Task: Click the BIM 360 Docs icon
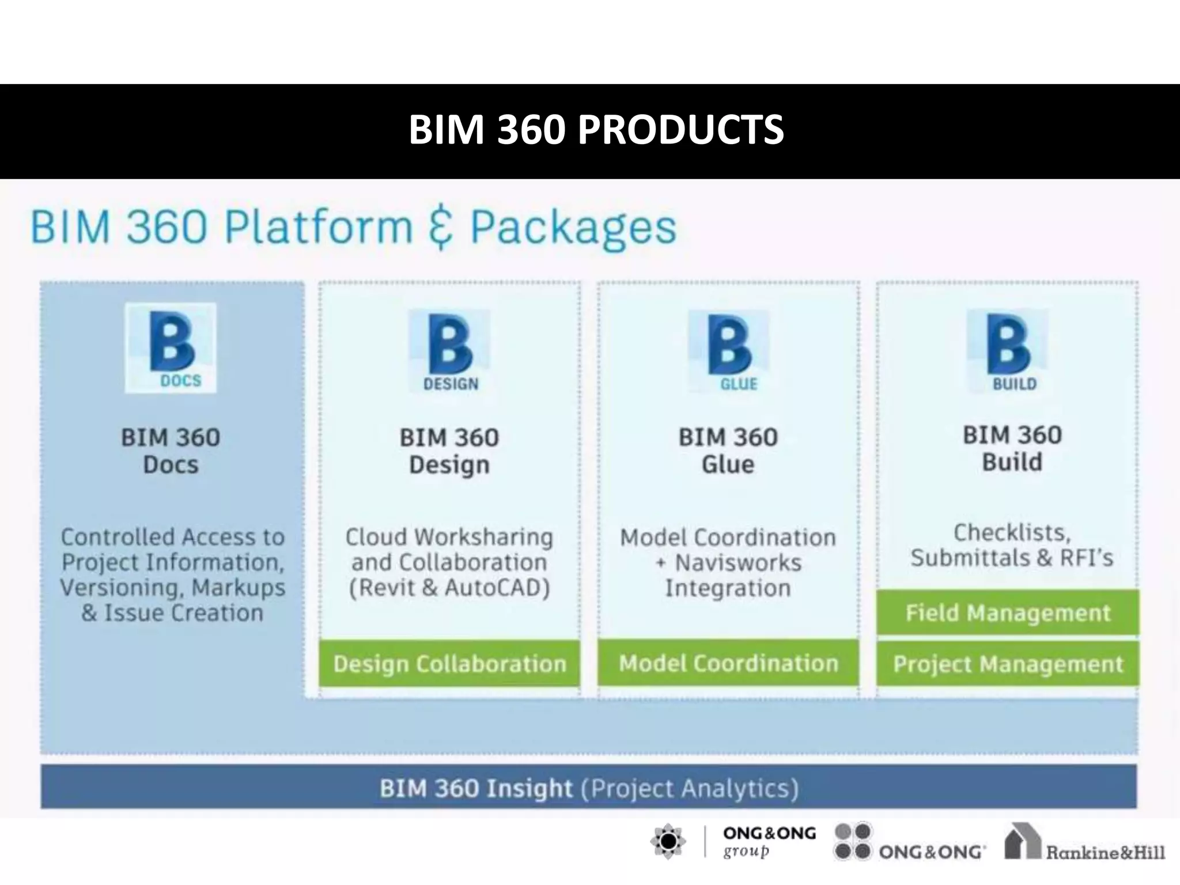click(171, 348)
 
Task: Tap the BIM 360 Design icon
click(449, 352)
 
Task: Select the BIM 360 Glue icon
click(729, 352)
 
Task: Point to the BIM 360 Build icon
click(1008, 351)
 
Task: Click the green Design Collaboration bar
click(449, 663)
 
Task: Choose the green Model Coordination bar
click(728, 663)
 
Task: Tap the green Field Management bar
click(1008, 612)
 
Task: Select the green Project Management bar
click(1008, 664)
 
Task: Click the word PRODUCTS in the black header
click(680, 130)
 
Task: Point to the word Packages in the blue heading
click(573, 227)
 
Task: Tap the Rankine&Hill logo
click(1084, 844)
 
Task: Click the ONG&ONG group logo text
click(769, 842)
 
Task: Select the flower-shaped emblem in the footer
click(668, 842)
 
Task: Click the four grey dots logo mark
click(853, 841)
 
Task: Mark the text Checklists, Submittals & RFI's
click(1012, 545)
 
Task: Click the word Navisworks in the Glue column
click(738, 563)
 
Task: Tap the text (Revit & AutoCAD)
click(449, 588)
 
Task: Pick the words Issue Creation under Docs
click(183, 613)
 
